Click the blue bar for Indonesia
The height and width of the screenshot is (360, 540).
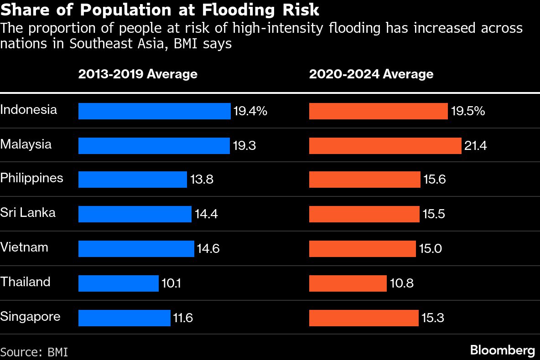[x=154, y=111]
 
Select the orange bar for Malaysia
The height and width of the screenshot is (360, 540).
[x=386, y=146]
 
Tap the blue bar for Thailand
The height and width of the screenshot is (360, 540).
[x=118, y=283]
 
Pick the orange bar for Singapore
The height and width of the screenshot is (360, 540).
[x=363, y=318]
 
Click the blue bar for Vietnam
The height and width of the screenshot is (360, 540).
[x=136, y=249]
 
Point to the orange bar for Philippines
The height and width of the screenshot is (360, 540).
[x=364, y=180]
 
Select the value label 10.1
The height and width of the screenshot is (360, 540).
[x=171, y=283]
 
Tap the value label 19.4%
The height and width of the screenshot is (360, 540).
[x=250, y=111]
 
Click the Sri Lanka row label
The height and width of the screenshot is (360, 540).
[x=28, y=212]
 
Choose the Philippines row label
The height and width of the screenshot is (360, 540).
[x=31, y=178]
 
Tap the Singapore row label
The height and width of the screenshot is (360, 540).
[x=30, y=316]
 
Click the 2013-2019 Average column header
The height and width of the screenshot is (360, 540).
[x=138, y=74]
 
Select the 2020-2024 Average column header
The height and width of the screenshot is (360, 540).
[x=371, y=74]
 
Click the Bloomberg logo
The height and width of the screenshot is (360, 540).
[x=502, y=350]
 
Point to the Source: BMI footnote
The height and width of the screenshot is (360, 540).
[x=34, y=352]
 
